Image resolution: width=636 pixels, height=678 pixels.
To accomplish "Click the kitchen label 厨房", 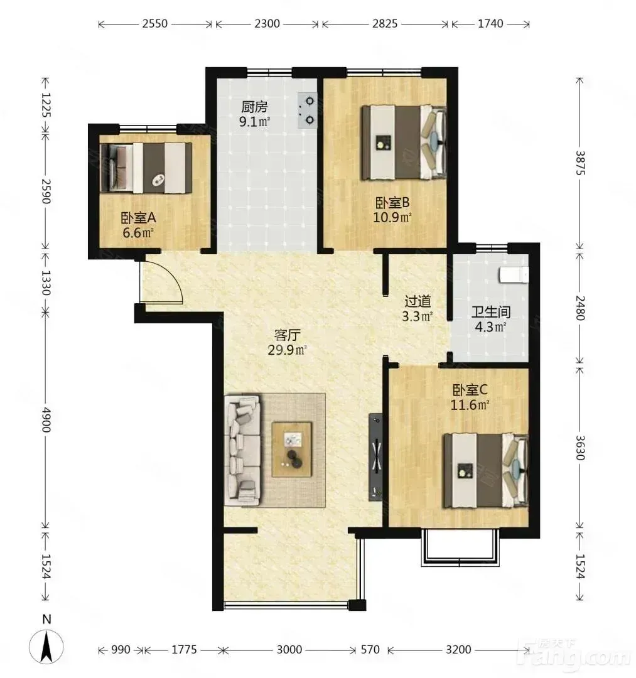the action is [254, 106].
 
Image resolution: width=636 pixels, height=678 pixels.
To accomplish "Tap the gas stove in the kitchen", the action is [307, 110].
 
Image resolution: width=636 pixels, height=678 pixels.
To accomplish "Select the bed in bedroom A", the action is [146, 168].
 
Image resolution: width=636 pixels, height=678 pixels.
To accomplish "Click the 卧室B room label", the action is [392, 202].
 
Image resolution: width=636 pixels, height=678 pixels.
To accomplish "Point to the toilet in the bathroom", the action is [514, 275].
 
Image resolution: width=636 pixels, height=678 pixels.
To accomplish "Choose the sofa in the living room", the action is [242, 449].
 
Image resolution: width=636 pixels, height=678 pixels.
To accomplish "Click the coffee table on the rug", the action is [292, 449].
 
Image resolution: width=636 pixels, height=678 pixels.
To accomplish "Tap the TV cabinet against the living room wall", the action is [375, 457].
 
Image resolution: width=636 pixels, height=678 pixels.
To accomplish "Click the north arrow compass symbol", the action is [46, 647].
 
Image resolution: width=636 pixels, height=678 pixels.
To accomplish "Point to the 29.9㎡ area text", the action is [287, 350].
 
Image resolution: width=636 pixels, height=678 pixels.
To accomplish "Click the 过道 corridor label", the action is [418, 301].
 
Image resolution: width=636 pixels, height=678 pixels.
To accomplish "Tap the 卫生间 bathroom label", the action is [491, 312].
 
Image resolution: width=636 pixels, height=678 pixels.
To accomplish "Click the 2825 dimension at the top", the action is [385, 23].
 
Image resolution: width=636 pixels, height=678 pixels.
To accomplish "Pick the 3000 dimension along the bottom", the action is [289, 650].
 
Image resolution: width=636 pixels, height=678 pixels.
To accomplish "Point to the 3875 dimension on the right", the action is [580, 163].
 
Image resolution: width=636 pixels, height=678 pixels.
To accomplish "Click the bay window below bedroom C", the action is [460, 547].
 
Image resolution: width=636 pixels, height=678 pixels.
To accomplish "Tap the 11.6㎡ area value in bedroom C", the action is [470, 405].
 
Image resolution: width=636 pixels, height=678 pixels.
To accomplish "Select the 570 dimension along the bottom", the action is [370, 650].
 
